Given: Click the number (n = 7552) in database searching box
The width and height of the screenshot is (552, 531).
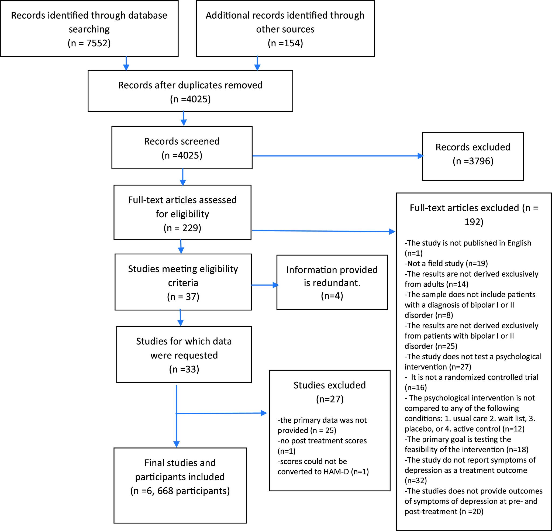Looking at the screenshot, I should [89, 43].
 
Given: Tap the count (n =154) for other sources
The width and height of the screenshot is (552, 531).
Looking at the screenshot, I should [285, 43].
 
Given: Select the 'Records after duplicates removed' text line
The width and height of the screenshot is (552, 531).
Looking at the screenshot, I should [190, 85].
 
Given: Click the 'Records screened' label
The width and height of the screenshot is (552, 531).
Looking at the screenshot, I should [182, 141].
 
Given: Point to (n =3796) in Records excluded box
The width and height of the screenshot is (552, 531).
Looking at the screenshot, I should [473, 161].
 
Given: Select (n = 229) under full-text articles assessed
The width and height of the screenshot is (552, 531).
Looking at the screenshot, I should [182, 227].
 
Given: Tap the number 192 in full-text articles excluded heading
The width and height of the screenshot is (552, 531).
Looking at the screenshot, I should [474, 222].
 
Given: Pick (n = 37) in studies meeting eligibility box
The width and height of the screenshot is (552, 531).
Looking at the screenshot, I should [183, 296].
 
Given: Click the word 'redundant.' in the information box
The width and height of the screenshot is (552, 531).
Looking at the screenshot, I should [332, 282].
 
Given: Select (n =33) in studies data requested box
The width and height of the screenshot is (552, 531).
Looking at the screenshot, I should [184, 369].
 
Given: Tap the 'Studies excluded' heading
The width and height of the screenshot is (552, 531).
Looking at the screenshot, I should [330, 385].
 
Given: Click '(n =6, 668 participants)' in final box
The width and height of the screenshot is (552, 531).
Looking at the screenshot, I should [180, 491].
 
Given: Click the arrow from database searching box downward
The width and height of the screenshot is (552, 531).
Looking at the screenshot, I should [126, 63].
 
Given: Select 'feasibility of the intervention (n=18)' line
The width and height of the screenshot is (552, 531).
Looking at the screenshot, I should [466, 449].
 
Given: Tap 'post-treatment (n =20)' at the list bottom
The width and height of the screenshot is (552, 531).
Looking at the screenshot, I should [444, 511].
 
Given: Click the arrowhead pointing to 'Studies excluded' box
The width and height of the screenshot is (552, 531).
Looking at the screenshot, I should [264, 413].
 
